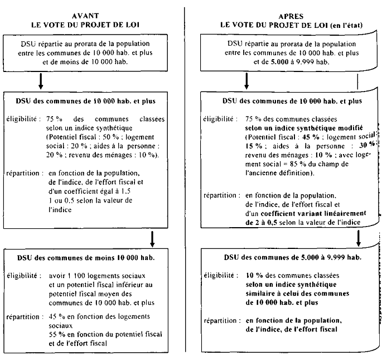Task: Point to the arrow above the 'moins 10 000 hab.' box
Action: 152,239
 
